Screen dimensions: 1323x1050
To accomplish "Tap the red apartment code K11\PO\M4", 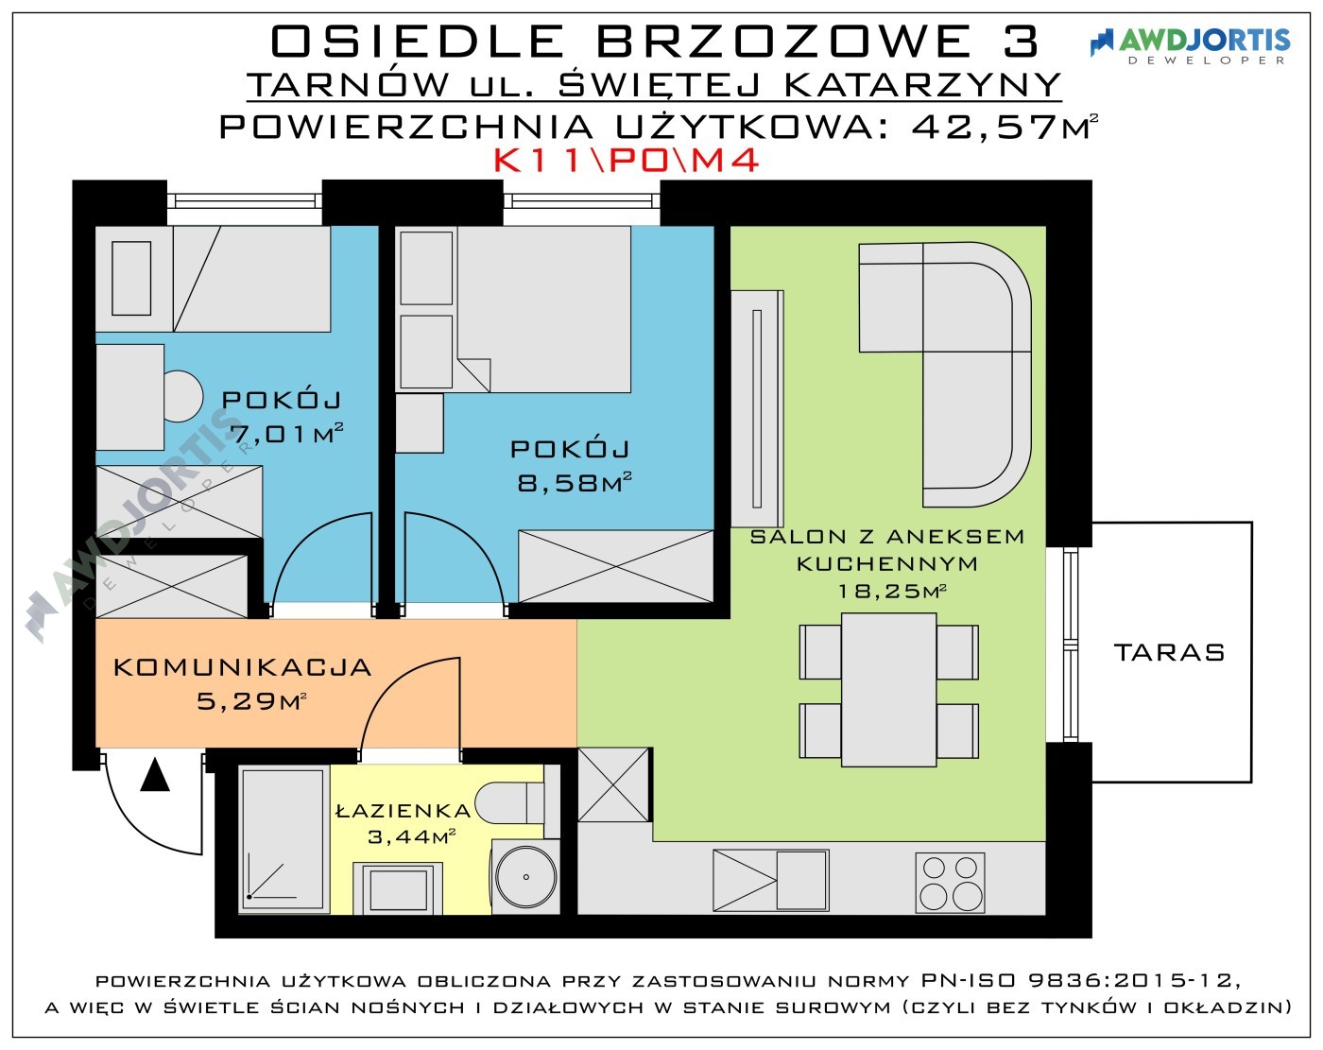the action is pos(627,161).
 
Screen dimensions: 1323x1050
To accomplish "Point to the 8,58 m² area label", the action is pos(575,483).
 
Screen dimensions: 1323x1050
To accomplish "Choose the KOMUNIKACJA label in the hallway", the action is pos(243,667).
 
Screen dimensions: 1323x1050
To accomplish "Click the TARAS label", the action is pos(1169,652).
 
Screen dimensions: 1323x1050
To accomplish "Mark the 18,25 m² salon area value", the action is pos(892,591).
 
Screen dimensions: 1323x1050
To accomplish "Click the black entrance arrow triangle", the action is pos(155,775).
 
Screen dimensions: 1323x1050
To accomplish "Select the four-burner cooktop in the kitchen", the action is pos(950,883).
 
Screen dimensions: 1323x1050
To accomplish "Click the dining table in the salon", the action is pos(888,690).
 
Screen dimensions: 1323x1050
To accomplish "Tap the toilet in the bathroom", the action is pos(509,802).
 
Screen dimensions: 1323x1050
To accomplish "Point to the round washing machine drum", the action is pos(525,877).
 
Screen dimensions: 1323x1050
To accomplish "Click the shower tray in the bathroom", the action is pos(283,840).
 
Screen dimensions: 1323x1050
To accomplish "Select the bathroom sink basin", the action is pos(398,889).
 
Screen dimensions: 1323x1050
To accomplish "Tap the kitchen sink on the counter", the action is pos(771,880).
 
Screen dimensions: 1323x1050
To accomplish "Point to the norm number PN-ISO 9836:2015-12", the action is pos(1079,980).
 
